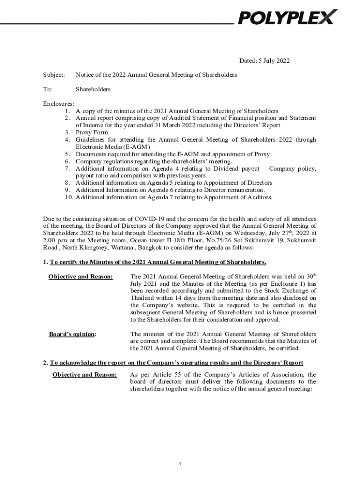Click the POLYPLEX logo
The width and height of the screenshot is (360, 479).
click(x=288, y=17)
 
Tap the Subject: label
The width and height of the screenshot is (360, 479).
click(x=54, y=75)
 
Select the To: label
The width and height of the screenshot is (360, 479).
click(x=48, y=89)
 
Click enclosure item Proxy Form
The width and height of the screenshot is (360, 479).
click(x=92, y=132)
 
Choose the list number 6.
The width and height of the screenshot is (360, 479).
click(x=68, y=161)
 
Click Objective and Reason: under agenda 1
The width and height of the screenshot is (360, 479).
click(x=80, y=277)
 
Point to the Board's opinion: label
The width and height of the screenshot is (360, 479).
click(x=72, y=334)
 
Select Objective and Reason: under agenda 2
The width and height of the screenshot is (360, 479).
click(x=85, y=375)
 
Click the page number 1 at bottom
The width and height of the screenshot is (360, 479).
click(x=180, y=464)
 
